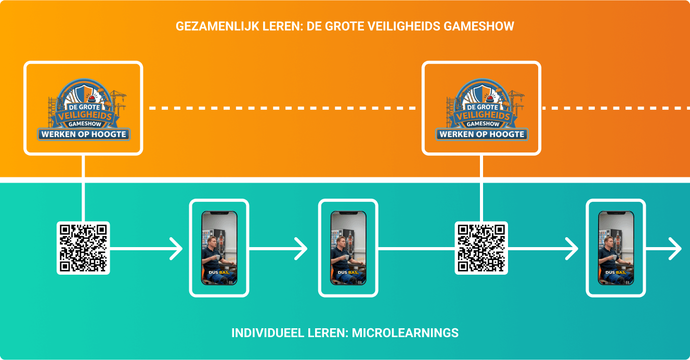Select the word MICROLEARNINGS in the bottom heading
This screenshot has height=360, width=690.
405,333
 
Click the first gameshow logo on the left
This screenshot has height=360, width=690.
83,108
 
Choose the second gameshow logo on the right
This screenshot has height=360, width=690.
481,108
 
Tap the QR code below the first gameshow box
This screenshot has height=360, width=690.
83,248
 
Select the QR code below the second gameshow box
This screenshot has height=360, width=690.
481,248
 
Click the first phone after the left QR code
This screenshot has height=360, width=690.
219,248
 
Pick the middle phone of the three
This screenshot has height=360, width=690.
348,248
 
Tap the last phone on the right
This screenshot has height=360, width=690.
616,248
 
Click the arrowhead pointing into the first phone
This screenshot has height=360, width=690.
176,249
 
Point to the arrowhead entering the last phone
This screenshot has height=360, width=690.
572,249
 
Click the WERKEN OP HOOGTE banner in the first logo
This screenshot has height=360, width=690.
83,135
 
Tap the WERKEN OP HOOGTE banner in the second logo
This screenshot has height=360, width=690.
481,135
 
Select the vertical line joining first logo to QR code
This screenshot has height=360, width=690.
83,187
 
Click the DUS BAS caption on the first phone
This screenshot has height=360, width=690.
218,272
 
